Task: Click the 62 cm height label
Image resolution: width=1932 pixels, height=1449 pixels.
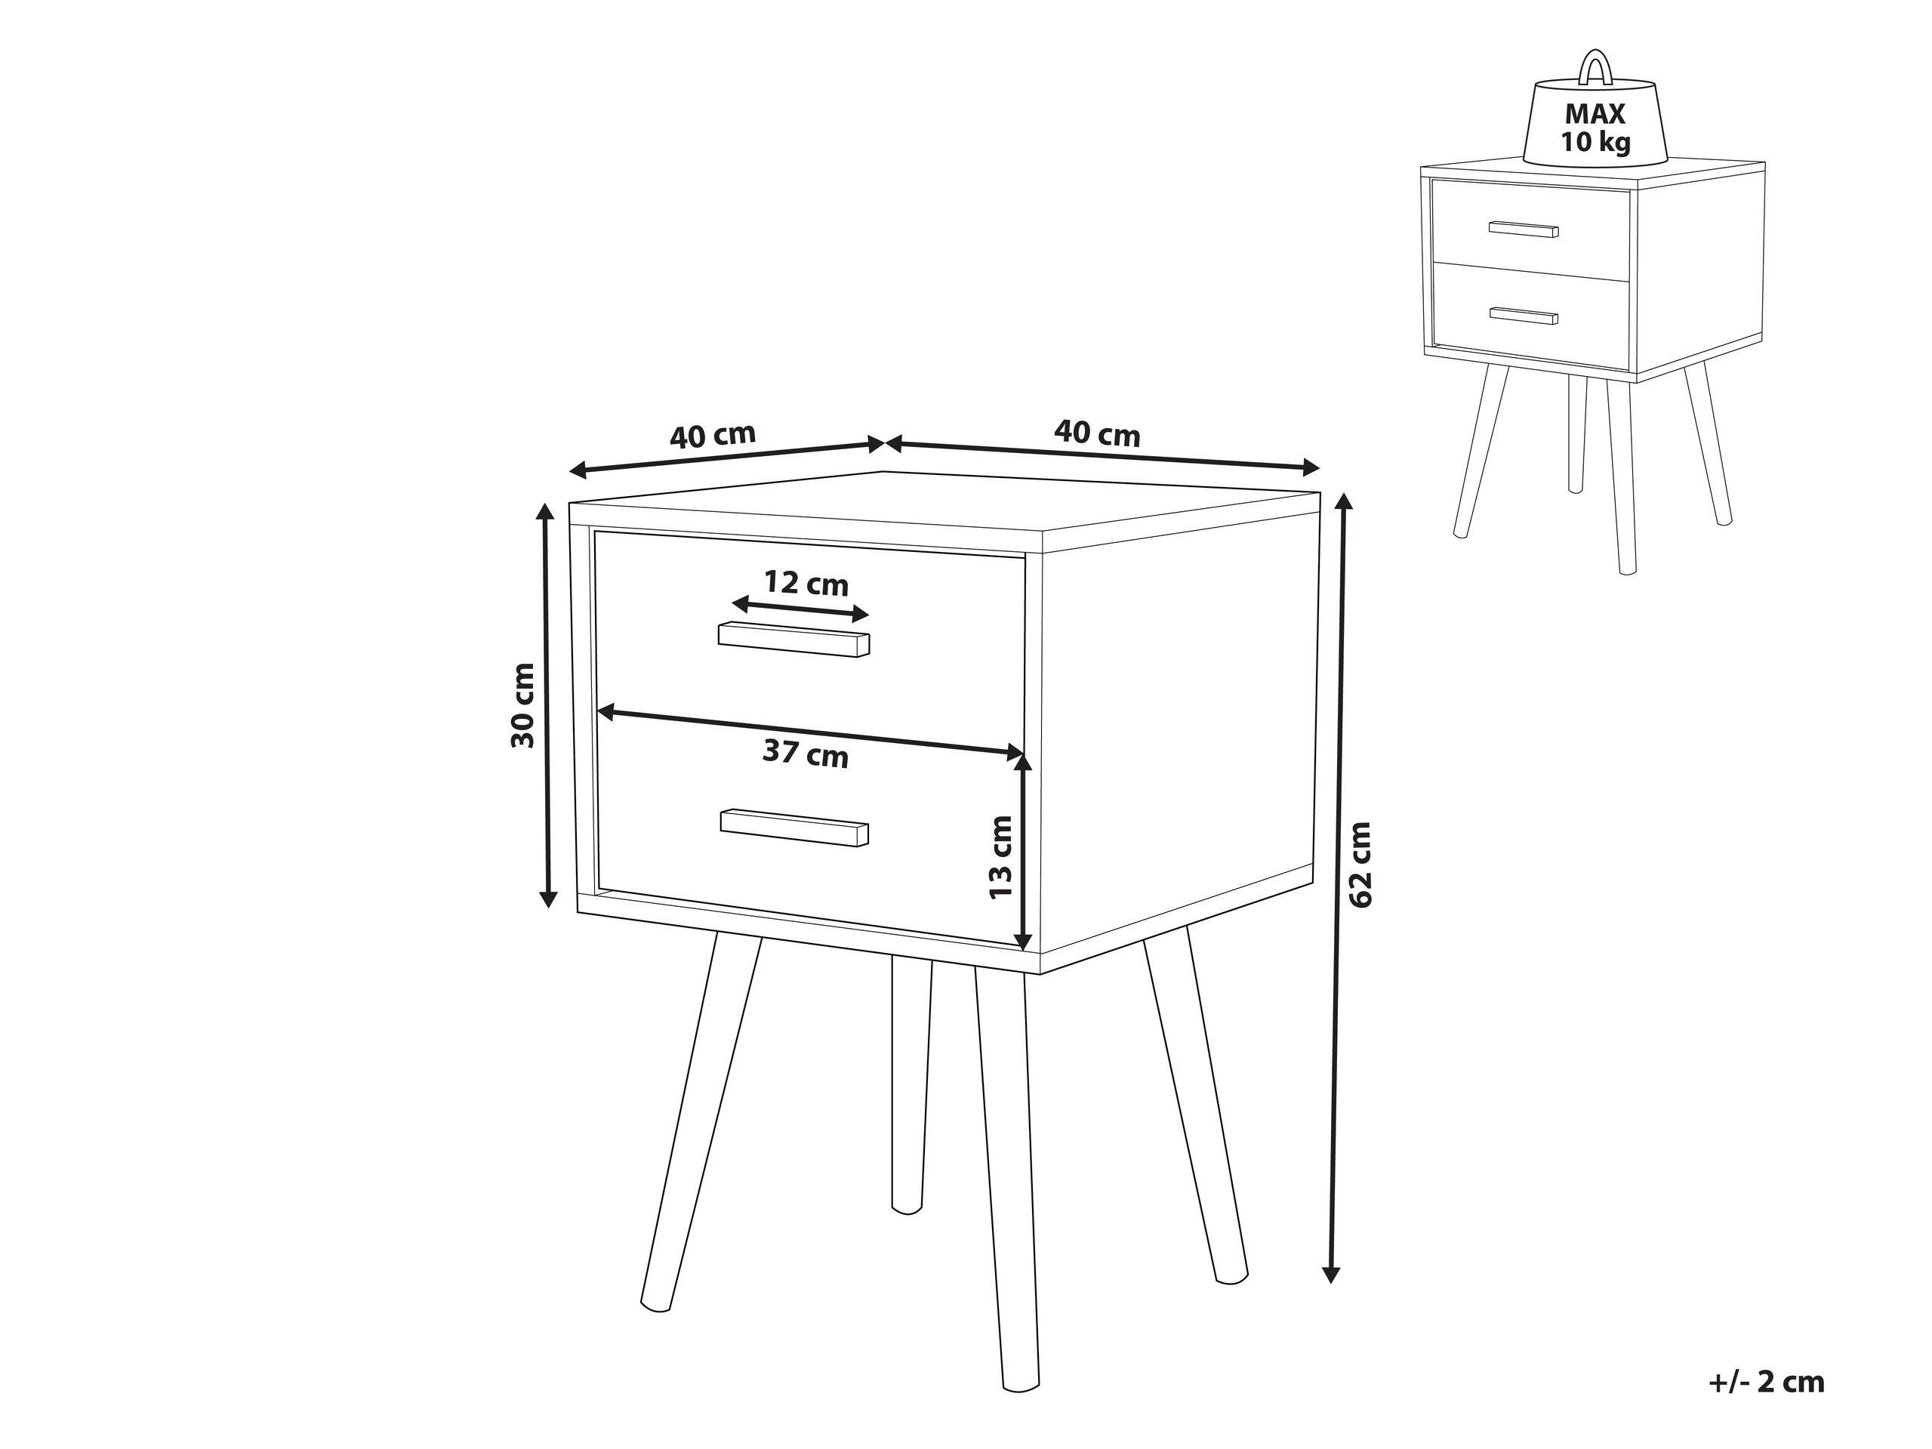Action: point(1360,865)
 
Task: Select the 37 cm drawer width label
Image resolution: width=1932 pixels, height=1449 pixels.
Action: point(804,753)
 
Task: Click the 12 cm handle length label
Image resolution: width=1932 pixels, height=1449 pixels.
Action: point(806,583)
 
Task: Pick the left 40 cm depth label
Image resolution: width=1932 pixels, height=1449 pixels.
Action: point(712,435)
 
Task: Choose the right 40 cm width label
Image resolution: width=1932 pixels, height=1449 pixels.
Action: point(1097,433)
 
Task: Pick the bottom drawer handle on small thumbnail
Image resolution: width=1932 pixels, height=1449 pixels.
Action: point(1524,316)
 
